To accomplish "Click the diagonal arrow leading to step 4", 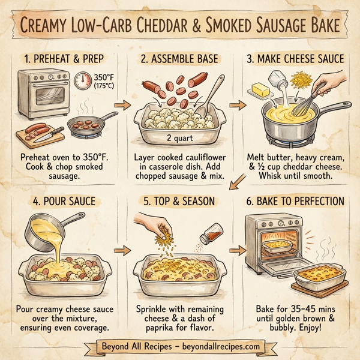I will [x=239, y=178].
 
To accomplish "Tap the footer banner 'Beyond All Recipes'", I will [x=181, y=347].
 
